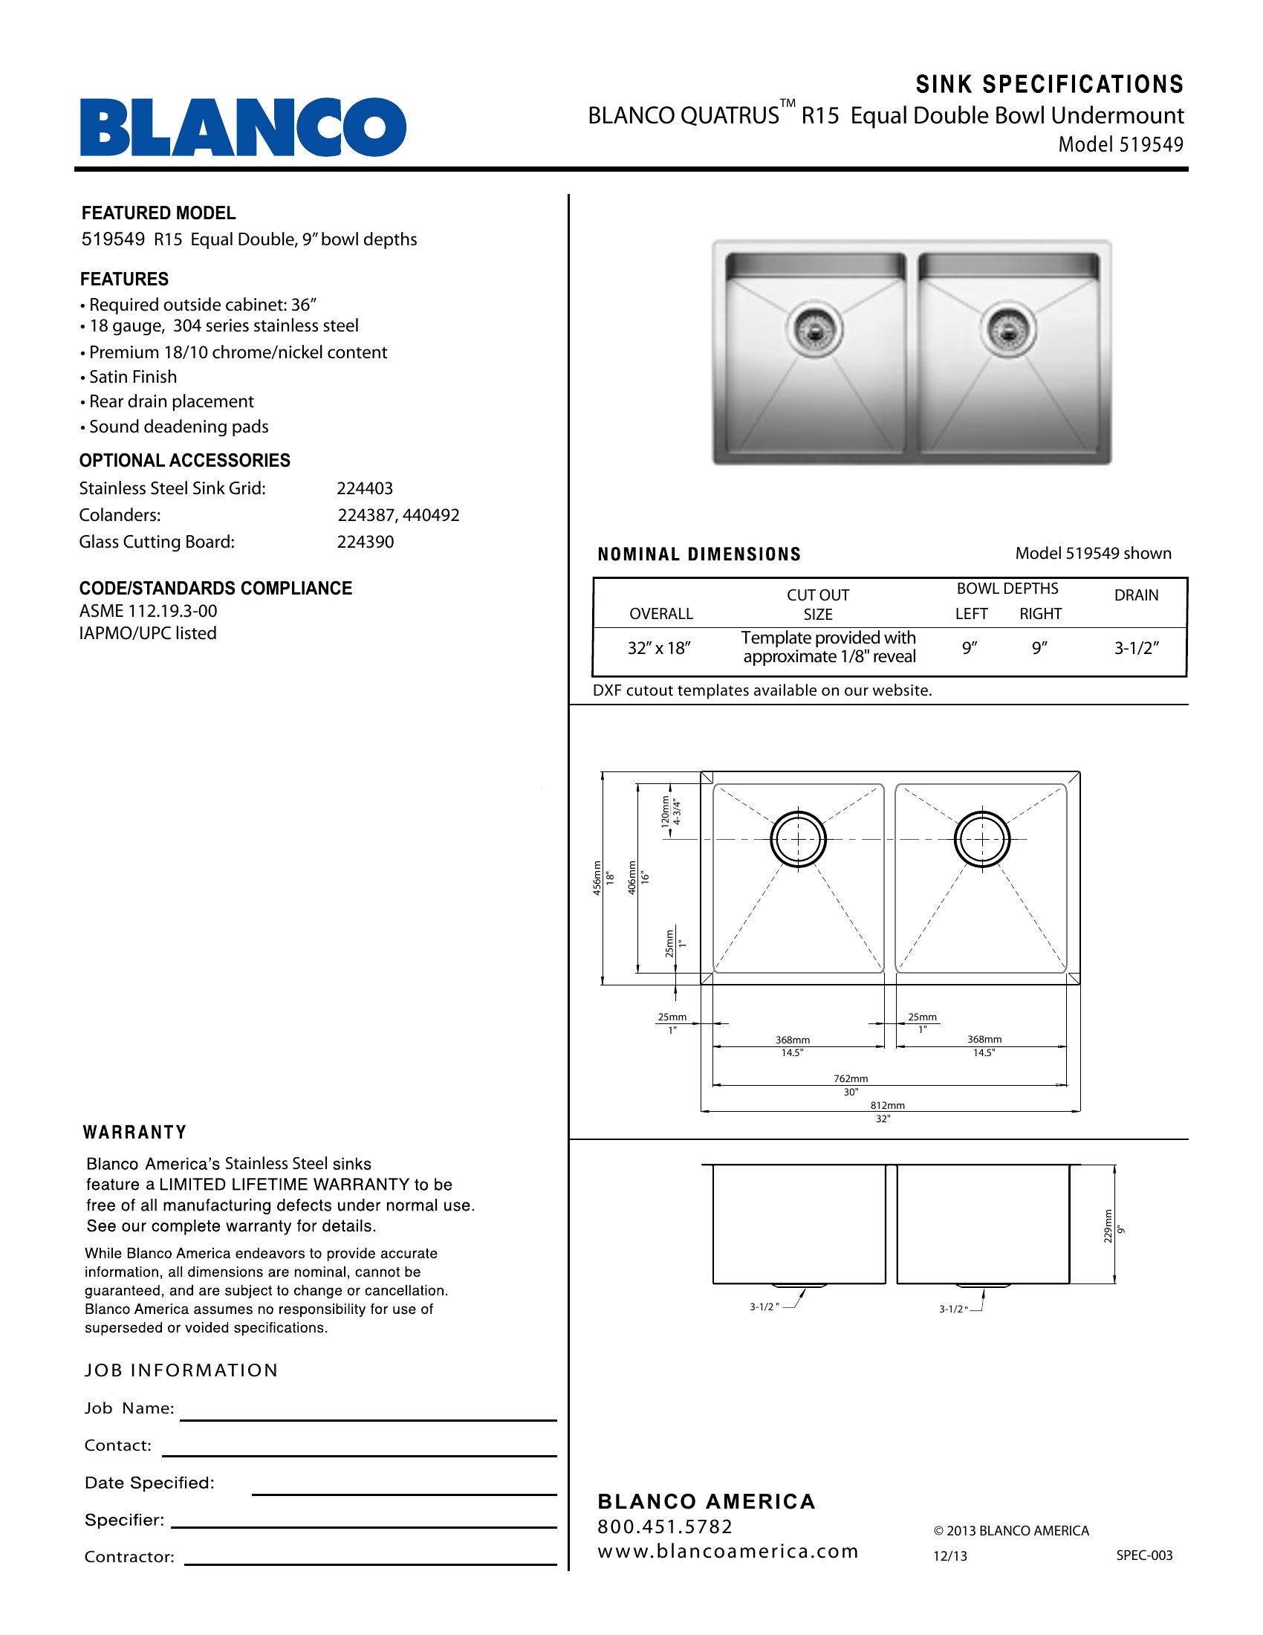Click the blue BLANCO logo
(x=243, y=126)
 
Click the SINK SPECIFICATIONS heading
(x=1049, y=85)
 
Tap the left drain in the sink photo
(x=814, y=328)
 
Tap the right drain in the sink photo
(x=1008, y=328)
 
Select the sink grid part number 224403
(x=364, y=488)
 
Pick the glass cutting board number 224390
(x=365, y=542)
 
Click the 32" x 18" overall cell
(x=658, y=648)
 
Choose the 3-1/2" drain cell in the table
(x=1137, y=648)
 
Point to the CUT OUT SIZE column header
(x=818, y=605)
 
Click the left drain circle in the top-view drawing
(x=799, y=839)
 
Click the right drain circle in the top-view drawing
(x=981, y=839)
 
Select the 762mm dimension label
(x=851, y=1079)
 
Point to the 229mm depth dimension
(x=1108, y=1226)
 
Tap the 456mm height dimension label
(x=597, y=878)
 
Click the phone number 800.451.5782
(x=665, y=1526)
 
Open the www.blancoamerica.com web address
(x=727, y=1552)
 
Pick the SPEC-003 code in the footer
(x=1144, y=1555)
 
